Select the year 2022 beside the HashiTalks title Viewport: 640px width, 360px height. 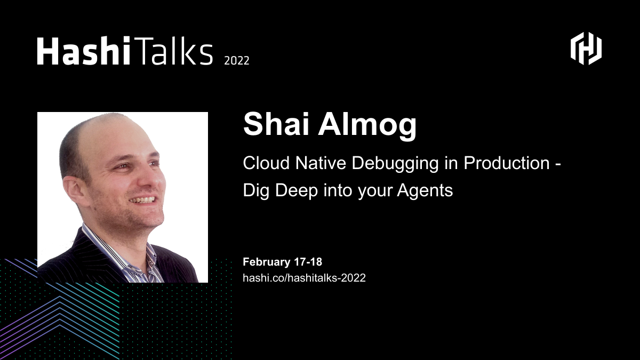click(236, 60)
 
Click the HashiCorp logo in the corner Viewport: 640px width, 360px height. click(586, 49)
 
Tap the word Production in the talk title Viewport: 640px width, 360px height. click(506, 163)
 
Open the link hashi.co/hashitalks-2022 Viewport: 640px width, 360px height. click(304, 278)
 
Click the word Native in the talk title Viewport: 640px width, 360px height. click(319, 163)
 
